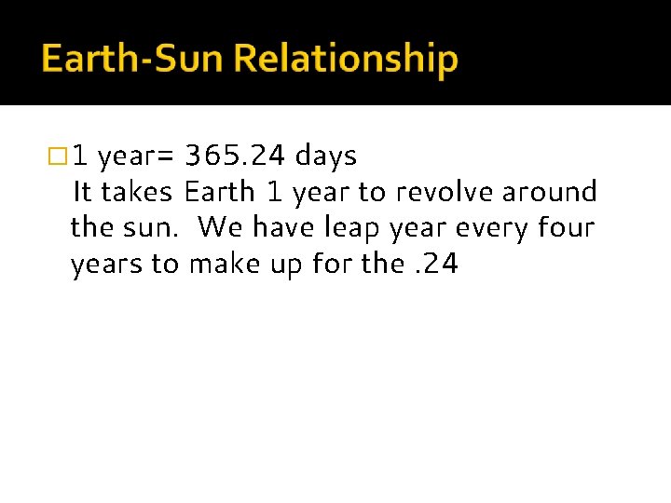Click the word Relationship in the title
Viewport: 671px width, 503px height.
pos(346,59)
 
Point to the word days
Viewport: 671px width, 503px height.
pos(326,155)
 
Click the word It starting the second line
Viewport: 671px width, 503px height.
pos(82,192)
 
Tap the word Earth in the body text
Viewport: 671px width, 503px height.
pos(220,192)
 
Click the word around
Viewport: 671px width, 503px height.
pos(550,192)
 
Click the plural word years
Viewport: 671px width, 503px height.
pos(107,265)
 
